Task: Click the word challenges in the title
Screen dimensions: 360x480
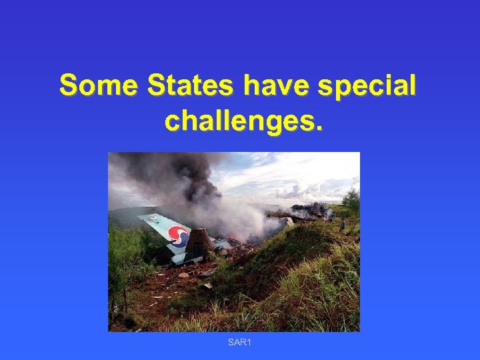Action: (239, 121)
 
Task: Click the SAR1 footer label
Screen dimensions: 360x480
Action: (239, 343)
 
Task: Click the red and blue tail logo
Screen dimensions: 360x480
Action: (179, 237)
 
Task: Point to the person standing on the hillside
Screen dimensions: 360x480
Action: (343, 224)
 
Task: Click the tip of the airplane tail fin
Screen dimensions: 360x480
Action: (141, 218)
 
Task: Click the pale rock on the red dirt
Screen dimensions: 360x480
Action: (183, 275)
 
